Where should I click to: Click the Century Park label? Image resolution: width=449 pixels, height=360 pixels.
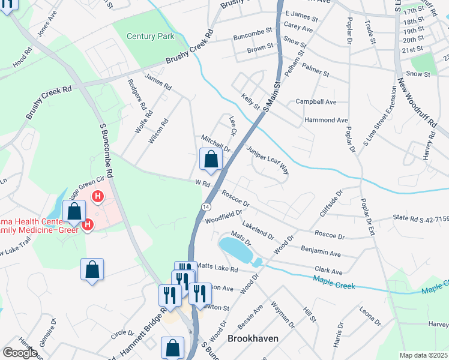[x=150, y=37]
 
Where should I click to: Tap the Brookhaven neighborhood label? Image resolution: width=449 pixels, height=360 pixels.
[x=253, y=338]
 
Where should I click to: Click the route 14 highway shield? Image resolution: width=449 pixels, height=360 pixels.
[x=205, y=206]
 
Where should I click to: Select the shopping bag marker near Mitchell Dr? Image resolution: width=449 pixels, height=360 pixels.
[x=211, y=160]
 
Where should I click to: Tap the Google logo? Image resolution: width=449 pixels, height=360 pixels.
[x=20, y=353]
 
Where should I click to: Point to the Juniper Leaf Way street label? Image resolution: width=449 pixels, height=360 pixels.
[x=268, y=160]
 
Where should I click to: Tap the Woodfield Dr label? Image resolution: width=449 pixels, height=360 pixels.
[x=223, y=214]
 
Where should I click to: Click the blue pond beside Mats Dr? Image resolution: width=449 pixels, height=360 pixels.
[x=236, y=248]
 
